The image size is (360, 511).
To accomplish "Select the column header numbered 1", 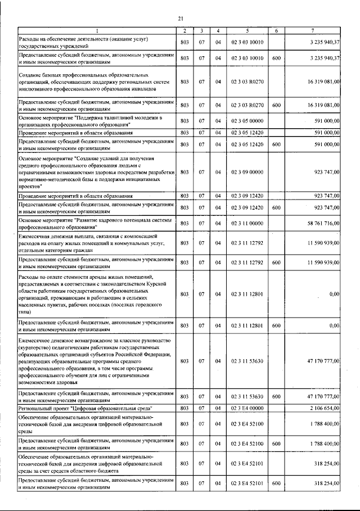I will (x=96, y=30).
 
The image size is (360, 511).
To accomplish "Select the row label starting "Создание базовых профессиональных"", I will (x=84, y=82).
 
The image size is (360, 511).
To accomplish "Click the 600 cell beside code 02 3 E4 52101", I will (x=276, y=483).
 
